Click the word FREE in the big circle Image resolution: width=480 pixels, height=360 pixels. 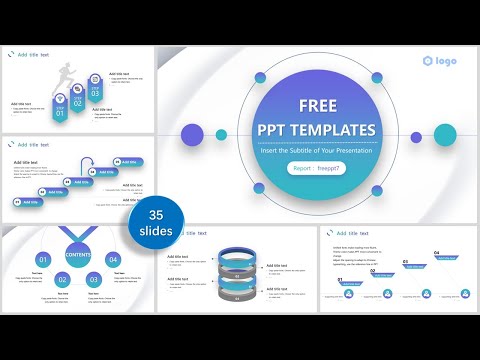point(316,105)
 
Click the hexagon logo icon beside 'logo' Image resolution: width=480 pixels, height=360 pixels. point(428,61)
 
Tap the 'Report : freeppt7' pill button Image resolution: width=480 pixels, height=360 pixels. point(316,169)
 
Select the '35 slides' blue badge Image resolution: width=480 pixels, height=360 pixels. point(156,222)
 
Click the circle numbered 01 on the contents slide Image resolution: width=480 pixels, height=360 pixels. point(44,260)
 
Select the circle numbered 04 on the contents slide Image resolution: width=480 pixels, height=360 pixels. point(113,260)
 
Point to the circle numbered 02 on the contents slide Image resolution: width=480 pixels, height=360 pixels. point(64,280)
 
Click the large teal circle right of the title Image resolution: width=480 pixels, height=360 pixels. point(446,134)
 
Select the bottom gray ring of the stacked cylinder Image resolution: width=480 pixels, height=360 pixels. point(237,296)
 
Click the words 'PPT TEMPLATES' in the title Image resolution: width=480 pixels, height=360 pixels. point(316,130)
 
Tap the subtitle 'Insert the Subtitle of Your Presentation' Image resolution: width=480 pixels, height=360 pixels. point(316,149)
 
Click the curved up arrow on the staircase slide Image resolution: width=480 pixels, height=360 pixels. point(86,164)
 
